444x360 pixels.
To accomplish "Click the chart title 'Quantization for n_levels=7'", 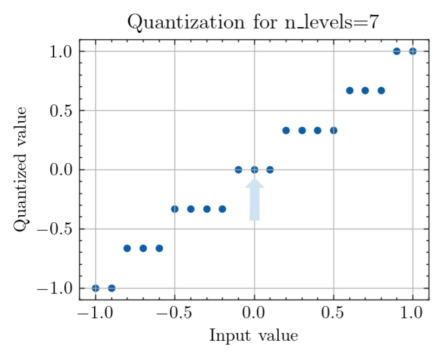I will point(254,22).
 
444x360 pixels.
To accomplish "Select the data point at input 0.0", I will point(254,169).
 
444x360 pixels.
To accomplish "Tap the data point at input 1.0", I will point(413,51).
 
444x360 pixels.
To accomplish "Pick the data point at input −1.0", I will point(96,288).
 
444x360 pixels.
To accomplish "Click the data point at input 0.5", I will point(334,131).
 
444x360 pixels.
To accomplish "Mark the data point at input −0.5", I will point(175,209).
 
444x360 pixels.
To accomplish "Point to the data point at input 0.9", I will point(397,51).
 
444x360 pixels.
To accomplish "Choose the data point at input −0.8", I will point(127,248).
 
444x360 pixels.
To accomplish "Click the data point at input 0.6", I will point(350,90).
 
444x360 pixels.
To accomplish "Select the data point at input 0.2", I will point(286,131).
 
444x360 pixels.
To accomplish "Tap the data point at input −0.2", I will point(222,209).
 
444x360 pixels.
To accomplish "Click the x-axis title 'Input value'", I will point(254,335).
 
